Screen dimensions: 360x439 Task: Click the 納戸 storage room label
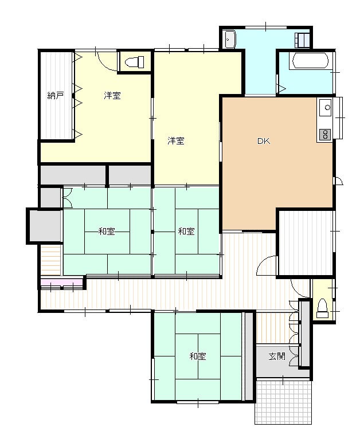click(x=56, y=96)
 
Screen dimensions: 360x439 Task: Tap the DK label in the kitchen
click(x=264, y=141)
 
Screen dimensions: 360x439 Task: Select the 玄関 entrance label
click(x=276, y=356)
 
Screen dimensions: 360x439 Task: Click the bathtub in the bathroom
click(x=310, y=61)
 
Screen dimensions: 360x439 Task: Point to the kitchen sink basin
click(x=326, y=108)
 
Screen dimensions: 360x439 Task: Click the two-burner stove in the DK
click(x=325, y=135)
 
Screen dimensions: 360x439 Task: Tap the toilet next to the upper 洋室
click(x=134, y=62)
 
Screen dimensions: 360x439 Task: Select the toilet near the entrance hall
click(x=323, y=308)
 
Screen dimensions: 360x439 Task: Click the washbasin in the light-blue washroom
click(x=230, y=39)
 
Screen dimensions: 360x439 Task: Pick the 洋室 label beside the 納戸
click(x=112, y=96)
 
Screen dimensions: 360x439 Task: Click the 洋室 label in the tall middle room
click(x=176, y=141)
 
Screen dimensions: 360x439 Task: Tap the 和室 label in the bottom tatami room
click(x=198, y=356)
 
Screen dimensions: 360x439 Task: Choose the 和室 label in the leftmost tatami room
click(x=107, y=232)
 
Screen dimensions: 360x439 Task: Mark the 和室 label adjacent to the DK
click(x=186, y=232)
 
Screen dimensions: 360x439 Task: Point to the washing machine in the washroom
click(x=303, y=40)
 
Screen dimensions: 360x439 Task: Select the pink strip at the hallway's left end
click(x=62, y=281)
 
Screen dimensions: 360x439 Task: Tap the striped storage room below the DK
click(x=306, y=243)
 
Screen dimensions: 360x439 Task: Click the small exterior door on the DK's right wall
click(x=338, y=181)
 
